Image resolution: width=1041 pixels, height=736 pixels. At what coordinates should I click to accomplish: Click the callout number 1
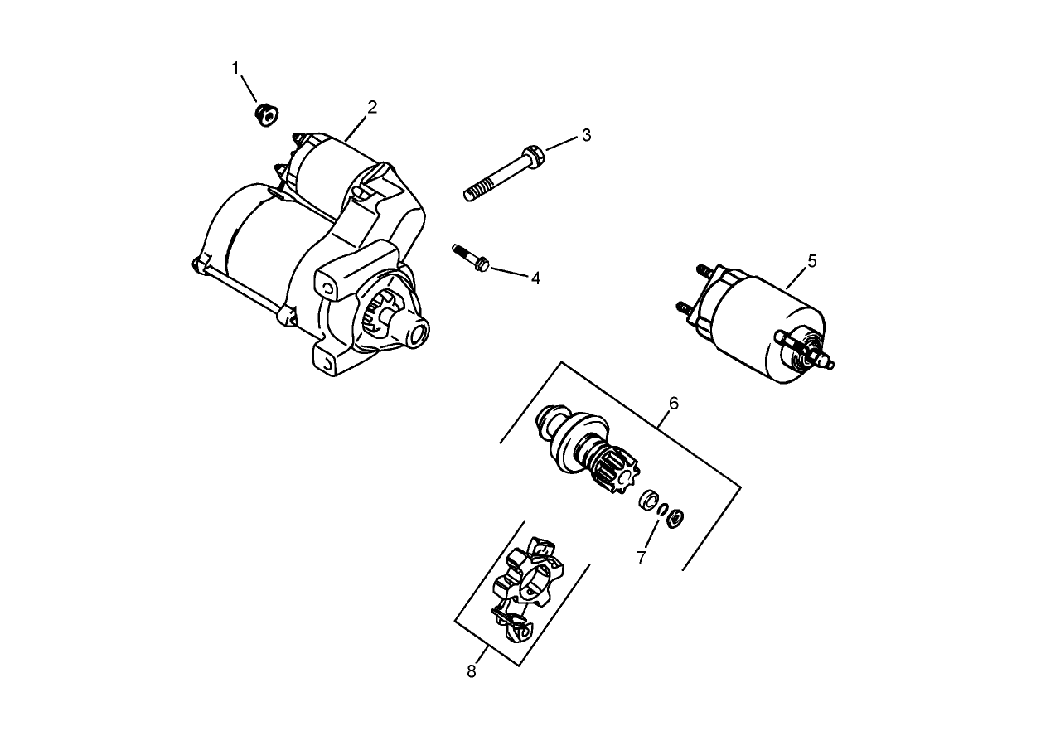[x=235, y=67]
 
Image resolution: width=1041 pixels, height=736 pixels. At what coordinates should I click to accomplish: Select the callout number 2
[x=372, y=107]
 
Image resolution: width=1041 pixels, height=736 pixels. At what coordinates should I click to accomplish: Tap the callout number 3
[x=586, y=134]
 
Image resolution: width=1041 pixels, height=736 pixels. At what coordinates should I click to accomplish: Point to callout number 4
[x=535, y=278]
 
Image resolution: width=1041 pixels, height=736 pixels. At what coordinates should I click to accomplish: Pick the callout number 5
[x=811, y=261]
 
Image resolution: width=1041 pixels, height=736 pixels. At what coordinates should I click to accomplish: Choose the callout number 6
[x=673, y=403]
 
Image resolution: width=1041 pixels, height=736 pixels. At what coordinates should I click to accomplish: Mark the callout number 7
[x=642, y=557]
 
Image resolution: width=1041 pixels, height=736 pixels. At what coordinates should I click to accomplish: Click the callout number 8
[x=472, y=671]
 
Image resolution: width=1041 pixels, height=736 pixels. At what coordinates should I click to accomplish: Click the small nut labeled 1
[x=266, y=114]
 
